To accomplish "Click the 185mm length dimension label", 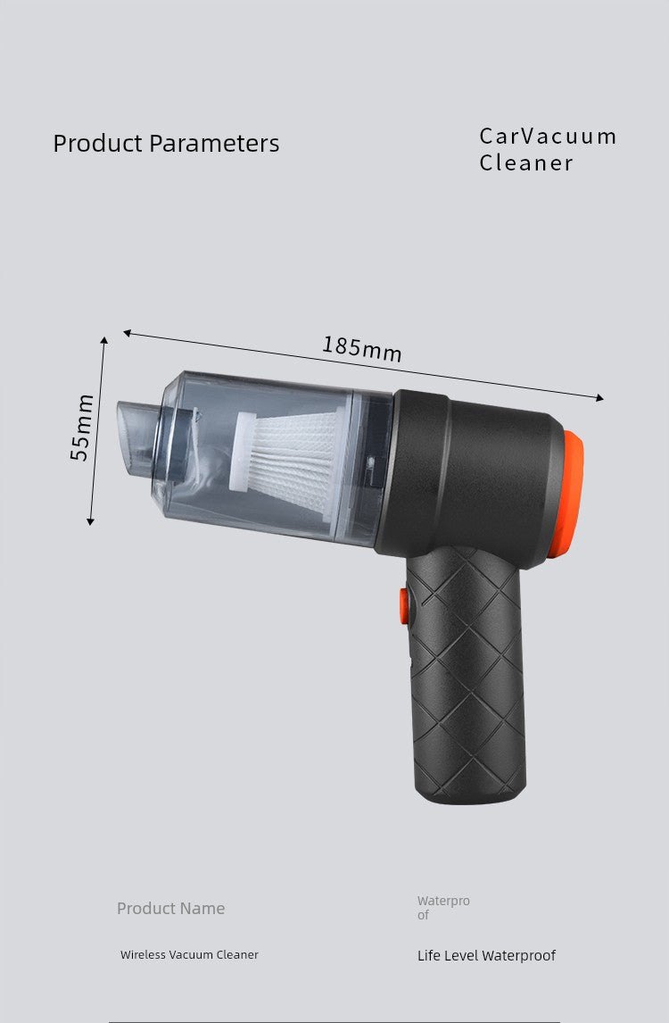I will (x=361, y=348).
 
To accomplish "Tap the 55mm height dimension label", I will (x=82, y=427).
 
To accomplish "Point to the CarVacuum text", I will (x=548, y=137).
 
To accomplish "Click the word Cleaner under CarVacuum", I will (x=526, y=162).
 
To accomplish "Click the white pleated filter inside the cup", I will (x=290, y=451).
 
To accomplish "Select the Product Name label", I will (x=170, y=908).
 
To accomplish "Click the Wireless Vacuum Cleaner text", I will (x=189, y=954).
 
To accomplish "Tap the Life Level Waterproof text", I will (x=486, y=955).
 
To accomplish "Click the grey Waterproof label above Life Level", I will (x=442, y=908).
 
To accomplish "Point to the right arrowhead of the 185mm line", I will (x=600, y=398).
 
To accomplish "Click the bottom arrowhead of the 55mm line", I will (x=90, y=521).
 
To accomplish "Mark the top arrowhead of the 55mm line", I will (x=104, y=340).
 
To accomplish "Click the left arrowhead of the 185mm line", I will (x=127, y=333).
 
